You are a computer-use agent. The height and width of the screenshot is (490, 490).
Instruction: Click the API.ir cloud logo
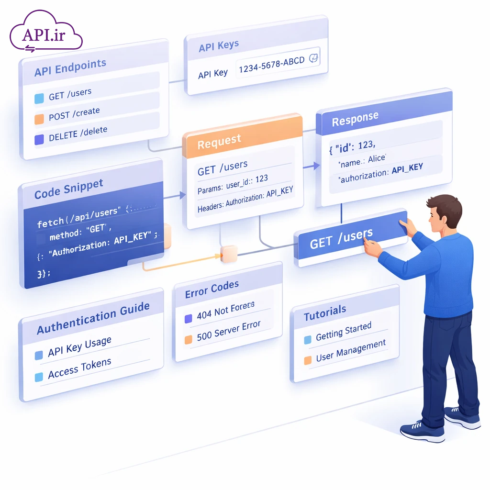pyautogui.click(x=45, y=33)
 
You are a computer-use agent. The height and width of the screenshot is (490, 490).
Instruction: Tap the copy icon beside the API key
pyautogui.click(x=314, y=58)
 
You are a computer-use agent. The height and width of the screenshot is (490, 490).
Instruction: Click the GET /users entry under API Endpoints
pyautogui.click(x=70, y=94)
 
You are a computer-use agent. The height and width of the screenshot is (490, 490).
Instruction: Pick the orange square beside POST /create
pyautogui.click(x=39, y=119)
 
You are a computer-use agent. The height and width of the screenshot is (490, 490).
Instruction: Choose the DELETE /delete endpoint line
pyautogui.click(x=78, y=133)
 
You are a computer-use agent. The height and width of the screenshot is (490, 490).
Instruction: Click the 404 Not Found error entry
pyautogui.click(x=225, y=310)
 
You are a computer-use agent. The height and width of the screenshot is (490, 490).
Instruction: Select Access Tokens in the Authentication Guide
pyautogui.click(x=79, y=369)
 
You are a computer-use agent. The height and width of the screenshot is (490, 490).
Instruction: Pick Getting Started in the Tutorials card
pyautogui.click(x=343, y=331)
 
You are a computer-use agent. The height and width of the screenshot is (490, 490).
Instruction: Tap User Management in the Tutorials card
pyautogui.click(x=350, y=350)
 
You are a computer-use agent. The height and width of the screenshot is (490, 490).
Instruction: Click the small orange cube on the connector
pyautogui.click(x=229, y=254)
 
